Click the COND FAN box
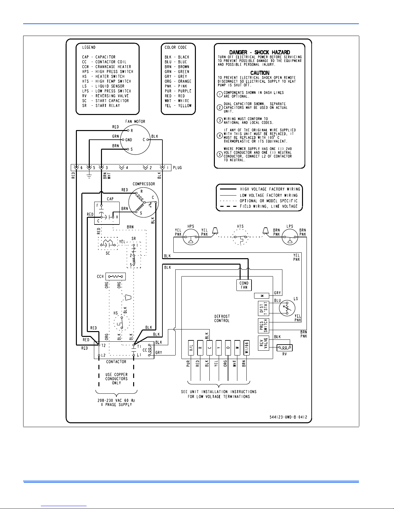[244, 285]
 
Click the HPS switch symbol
[191, 237]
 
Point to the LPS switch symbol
[290, 237]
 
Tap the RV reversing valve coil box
[284, 348]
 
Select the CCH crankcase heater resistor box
[115, 276]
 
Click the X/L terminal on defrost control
[191, 348]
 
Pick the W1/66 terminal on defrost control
[246, 348]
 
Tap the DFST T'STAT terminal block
[263, 308]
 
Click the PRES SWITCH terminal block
[263, 326]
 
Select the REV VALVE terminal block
[263, 343]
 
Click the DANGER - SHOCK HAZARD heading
[260, 52]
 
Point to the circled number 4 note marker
[219, 136]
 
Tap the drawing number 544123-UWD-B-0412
[288, 417]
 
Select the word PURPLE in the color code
[185, 91]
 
